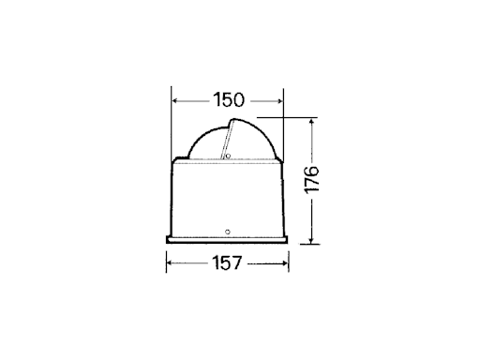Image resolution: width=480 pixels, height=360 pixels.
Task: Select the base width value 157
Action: tap(227, 265)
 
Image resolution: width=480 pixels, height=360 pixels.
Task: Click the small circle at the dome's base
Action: tap(228, 157)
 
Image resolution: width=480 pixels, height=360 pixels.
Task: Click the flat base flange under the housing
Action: tap(227, 240)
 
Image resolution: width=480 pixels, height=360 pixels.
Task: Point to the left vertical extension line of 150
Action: tap(172, 122)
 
